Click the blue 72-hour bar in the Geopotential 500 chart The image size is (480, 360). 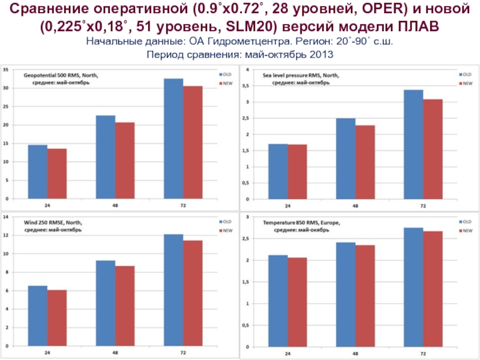pos(173,138)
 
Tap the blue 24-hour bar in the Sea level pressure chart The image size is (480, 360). pos(278,172)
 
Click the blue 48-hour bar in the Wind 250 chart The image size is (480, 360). pos(106,304)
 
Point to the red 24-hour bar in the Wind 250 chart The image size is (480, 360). pos(57,318)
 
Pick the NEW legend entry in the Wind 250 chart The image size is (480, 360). pos(226,231)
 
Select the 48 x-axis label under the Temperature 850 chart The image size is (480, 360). pos(355,354)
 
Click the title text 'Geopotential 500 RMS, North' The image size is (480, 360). pos(60,75)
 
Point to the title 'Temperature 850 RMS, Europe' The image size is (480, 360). pos(301,223)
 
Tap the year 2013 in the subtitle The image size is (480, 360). pos(320,54)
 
